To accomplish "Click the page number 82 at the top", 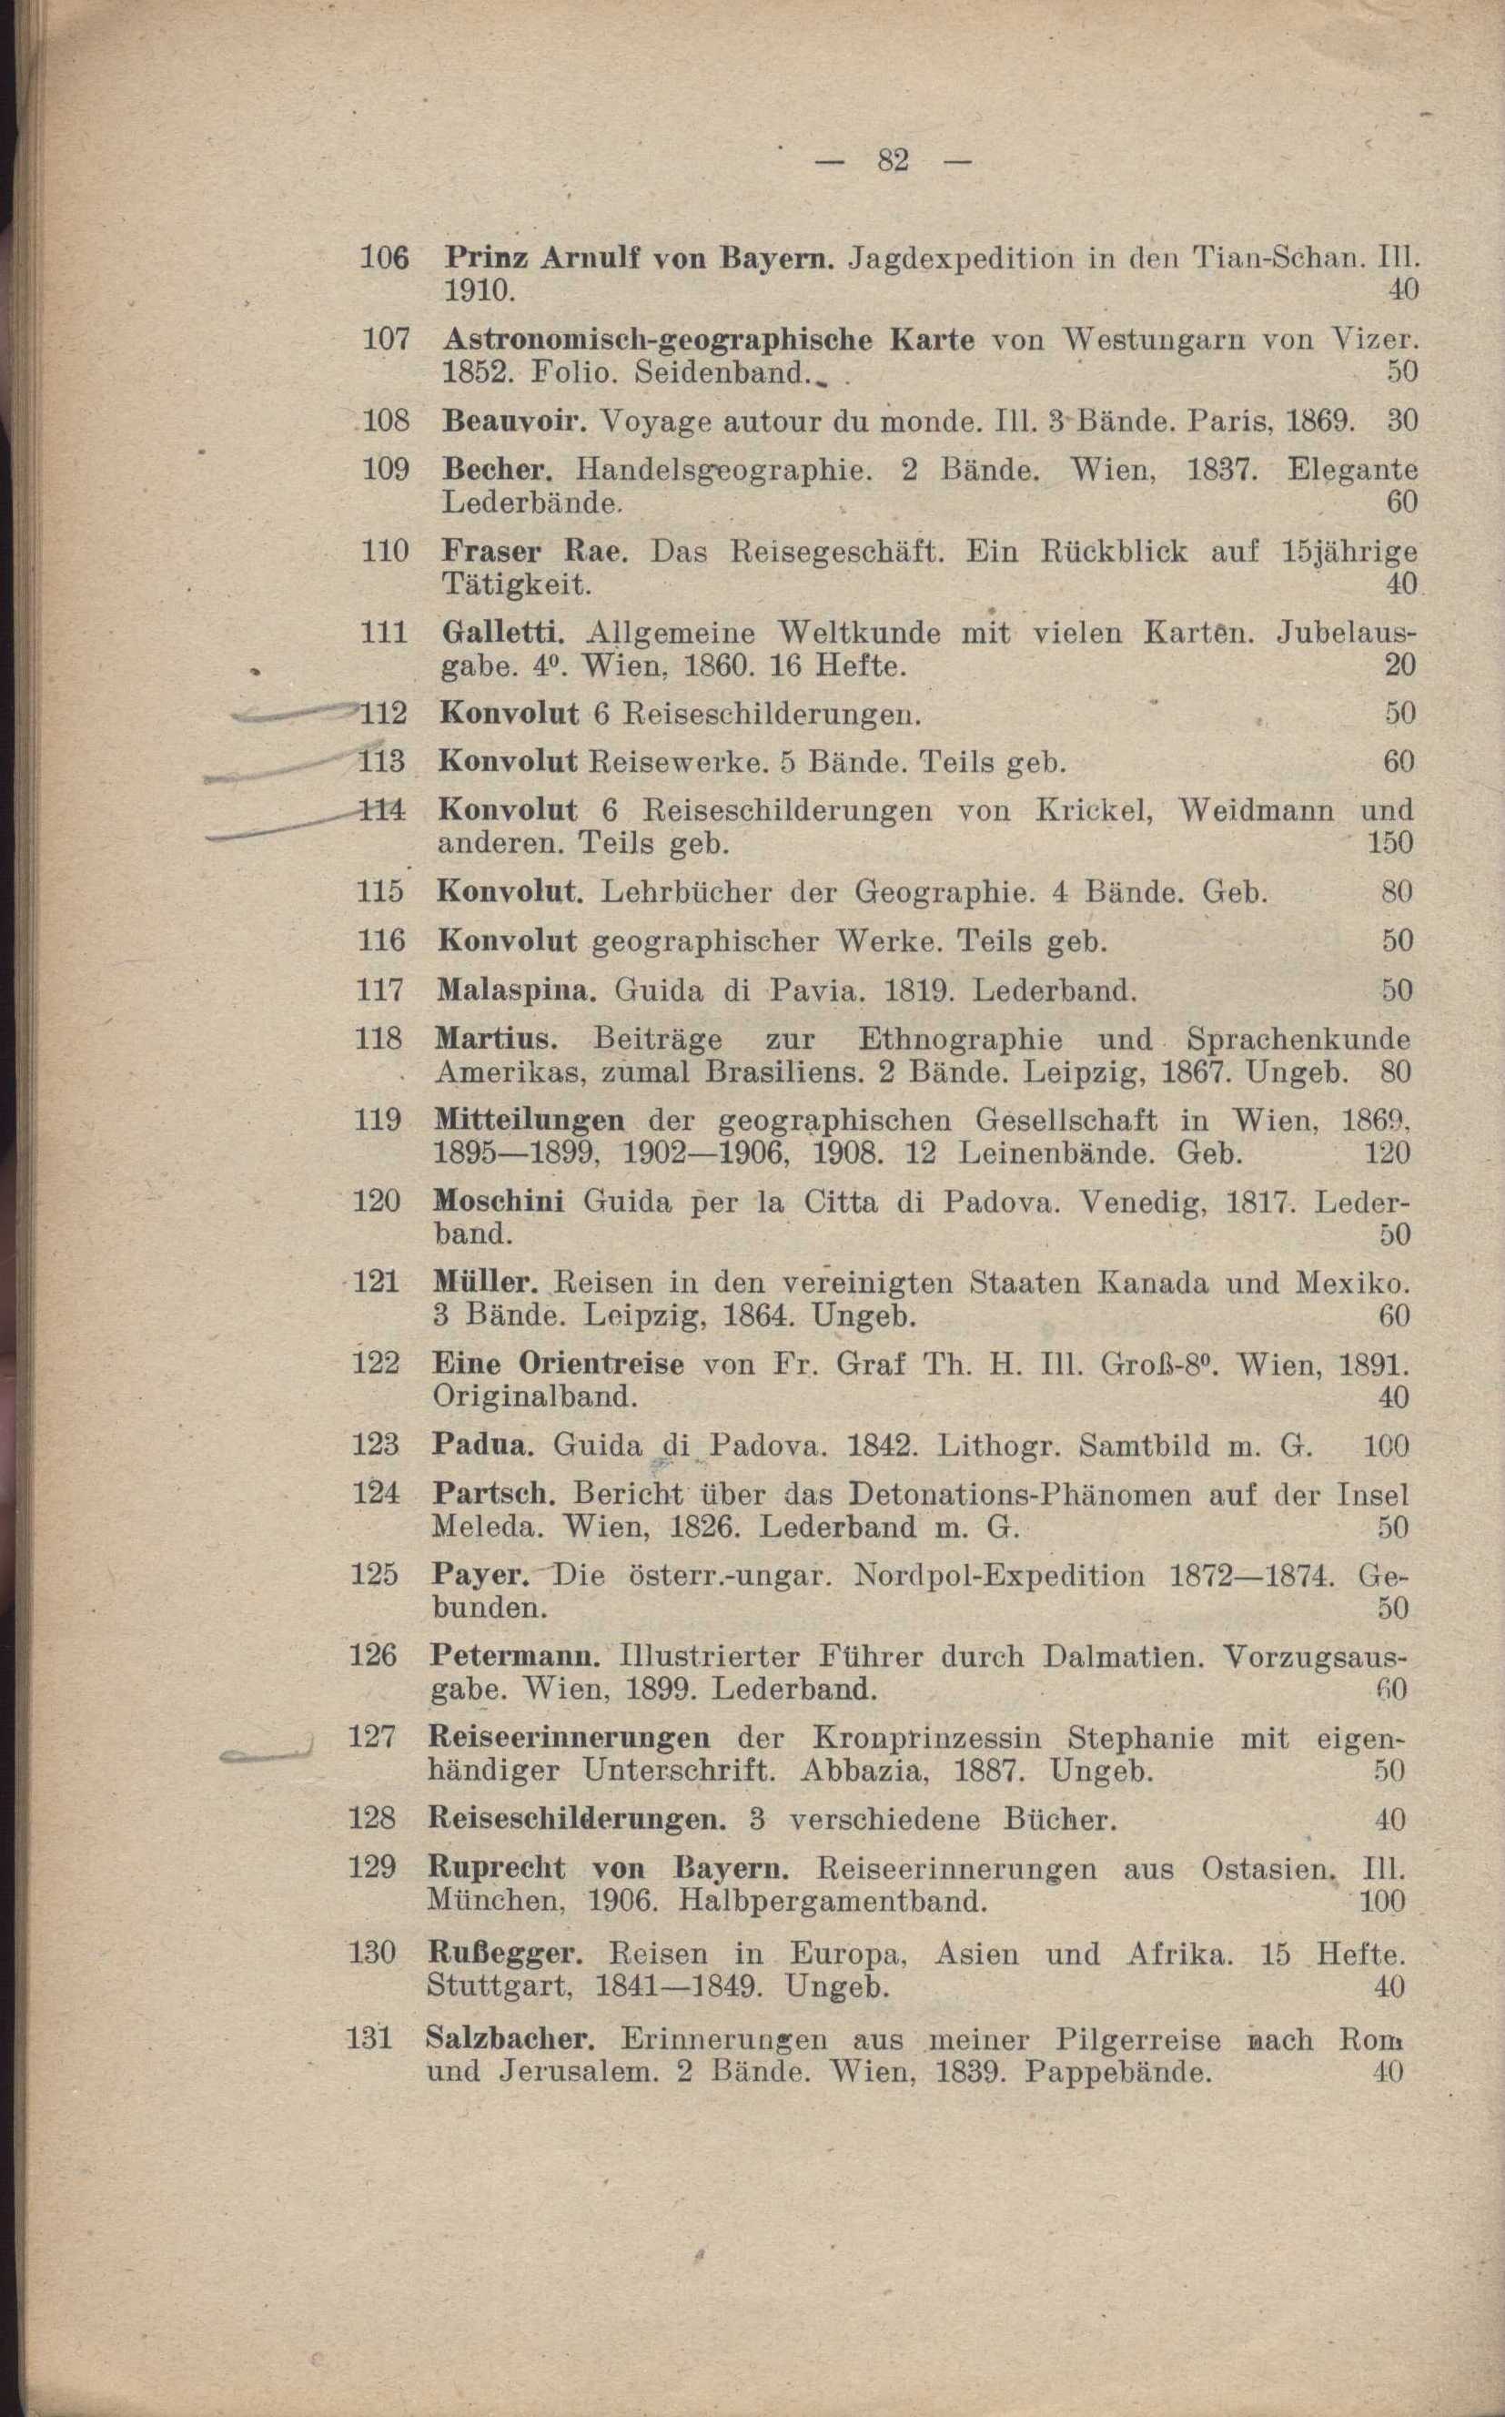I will [x=893, y=160].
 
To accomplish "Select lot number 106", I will [x=384, y=258].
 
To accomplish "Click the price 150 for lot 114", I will [x=1389, y=844].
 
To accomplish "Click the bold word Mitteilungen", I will [x=530, y=1121].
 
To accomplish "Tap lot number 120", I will [x=378, y=1201].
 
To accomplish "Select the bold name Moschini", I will [x=499, y=1201].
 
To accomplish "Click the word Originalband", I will [x=533, y=1397].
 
